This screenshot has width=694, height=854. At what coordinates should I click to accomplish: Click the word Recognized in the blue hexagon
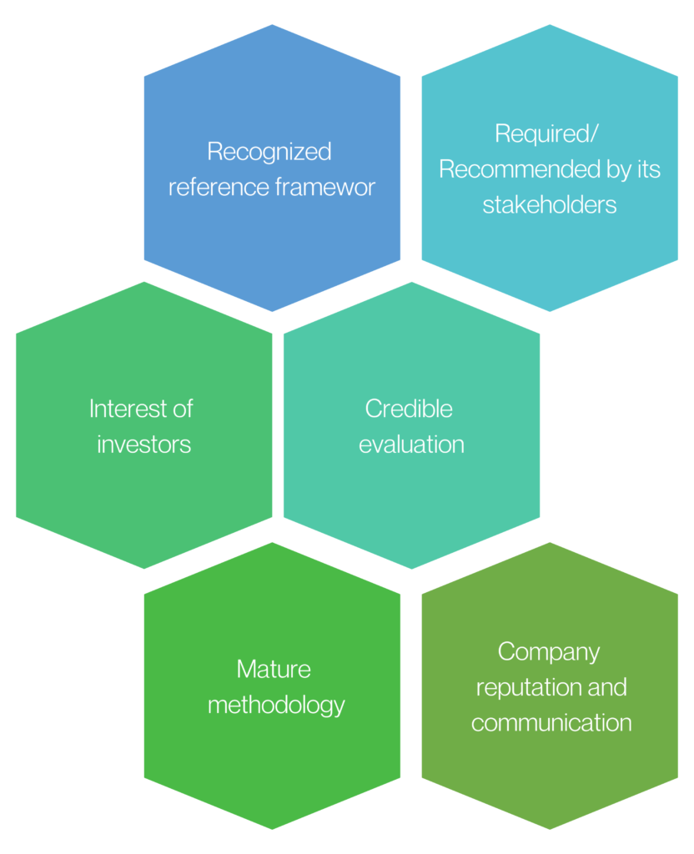269,152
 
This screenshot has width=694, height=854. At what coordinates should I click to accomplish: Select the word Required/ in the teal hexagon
549,133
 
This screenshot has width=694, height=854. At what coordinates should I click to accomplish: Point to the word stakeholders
549,204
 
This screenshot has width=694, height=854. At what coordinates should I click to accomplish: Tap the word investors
143,444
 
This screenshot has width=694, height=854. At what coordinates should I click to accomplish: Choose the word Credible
409,409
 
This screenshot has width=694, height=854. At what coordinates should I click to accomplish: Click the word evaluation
411,444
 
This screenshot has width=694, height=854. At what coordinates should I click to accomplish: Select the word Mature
274,669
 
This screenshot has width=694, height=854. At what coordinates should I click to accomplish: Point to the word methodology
276,705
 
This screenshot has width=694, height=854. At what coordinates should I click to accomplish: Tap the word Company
549,651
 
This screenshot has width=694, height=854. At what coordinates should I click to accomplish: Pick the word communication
551,722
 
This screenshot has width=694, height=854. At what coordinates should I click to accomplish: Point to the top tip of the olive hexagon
550,543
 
